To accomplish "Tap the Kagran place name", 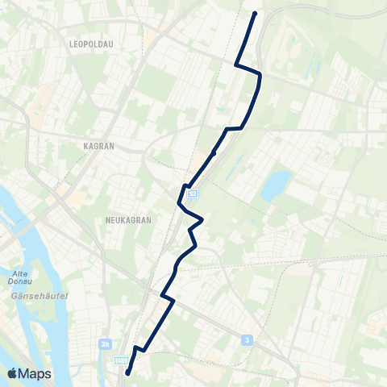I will pos(99,147).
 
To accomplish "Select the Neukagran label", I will pos(125,218).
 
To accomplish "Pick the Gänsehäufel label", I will pos(32,297).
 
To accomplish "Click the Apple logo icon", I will pos(12,373).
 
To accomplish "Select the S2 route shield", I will pos(193,193).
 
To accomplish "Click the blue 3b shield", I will pos(105,343).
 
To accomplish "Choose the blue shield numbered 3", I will pos(246,340).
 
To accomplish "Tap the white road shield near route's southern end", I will pos(122,360).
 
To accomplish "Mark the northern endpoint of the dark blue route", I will pos(255,14).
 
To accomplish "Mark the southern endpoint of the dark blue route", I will pos(128,372).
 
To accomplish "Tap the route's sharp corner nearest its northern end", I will pos(235,64).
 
